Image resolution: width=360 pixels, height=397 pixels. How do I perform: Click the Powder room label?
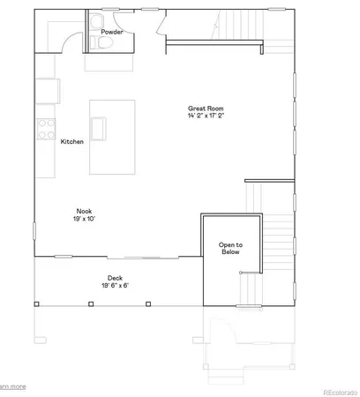pyautogui.click(x=111, y=32)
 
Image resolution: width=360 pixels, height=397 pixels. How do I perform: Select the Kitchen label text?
pyautogui.click(x=72, y=141)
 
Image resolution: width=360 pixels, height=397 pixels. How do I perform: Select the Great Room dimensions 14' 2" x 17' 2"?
pyautogui.click(x=206, y=116)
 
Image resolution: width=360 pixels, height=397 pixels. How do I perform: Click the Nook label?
pyautogui.click(x=85, y=211)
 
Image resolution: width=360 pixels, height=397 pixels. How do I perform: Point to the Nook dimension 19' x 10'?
pyautogui.click(x=85, y=219)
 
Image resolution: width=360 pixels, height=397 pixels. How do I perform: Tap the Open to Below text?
pyautogui.click(x=230, y=248)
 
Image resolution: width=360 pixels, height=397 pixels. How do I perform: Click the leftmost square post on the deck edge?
pyautogui.click(x=36, y=304)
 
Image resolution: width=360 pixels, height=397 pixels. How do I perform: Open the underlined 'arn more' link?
pyautogui.click(x=12, y=386)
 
